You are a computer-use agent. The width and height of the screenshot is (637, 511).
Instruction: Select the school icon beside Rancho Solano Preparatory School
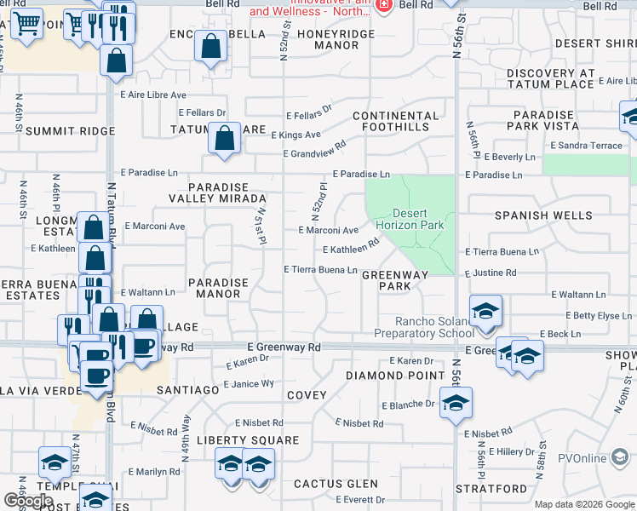click(x=485, y=312)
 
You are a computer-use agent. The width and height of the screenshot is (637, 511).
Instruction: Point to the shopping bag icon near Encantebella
click(x=209, y=47)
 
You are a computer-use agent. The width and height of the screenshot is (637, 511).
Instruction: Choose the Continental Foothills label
click(x=396, y=121)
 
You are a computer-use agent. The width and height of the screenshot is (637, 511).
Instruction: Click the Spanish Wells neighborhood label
click(x=544, y=215)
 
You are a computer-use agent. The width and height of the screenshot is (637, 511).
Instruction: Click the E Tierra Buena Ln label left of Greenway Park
click(x=320, y=270)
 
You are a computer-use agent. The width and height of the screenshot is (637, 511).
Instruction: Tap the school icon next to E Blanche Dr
click(x=455, y=402)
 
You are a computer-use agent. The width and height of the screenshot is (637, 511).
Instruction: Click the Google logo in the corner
click(x=29, y=501)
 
